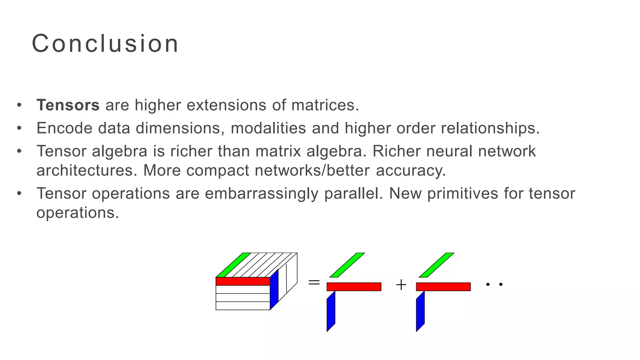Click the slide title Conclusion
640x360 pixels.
tap(105, 43)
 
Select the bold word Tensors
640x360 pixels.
tap(68, 105)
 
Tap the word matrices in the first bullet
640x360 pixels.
tap(325, 105)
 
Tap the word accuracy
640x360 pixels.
tap(410, 171)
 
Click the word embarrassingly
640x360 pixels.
tap(261, 193)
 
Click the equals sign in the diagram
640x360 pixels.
tap(314, 283)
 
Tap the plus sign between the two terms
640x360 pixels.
tap(401, 285)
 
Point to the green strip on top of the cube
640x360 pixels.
tap(233, 265)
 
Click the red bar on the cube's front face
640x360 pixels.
tap(243, 281)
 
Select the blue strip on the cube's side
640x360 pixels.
tap(274, 289)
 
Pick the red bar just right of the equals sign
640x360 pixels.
tap(354, 287)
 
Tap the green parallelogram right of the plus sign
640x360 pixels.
tap(437, 265)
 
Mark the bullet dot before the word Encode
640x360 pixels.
tap(19, 128)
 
